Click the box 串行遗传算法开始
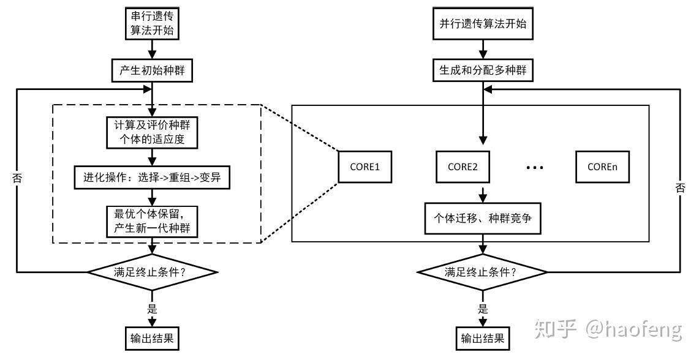(152, 24)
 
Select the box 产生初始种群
(152, 71)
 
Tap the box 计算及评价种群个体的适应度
(152, 133)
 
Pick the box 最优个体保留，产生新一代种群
(152, 221)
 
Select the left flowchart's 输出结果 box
(152, 338)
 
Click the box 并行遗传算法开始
(483, 24)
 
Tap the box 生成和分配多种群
(483, 71)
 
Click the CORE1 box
(365, 165)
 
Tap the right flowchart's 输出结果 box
(483, 338)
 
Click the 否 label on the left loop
(17, 179)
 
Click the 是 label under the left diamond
(152, 309)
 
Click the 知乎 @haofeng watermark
(608, 330)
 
